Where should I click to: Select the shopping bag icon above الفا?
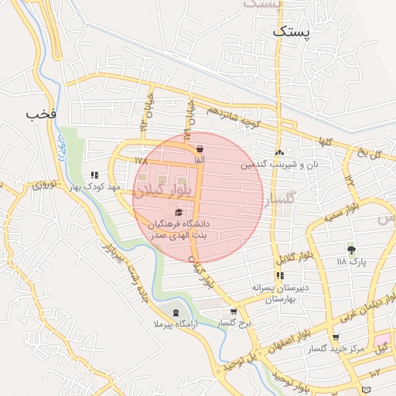pyautogui.click(x=200, y=148)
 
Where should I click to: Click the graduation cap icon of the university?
pyautogui.click(x=179, y=212)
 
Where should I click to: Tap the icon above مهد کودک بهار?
pyautogui.click(x=94, y=176)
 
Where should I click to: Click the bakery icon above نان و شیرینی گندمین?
pyautogui.click(x=278, y=153)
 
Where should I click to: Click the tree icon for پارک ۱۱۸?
pyautogui.click(x=352, y=250)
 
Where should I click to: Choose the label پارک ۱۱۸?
pyautogui.click(x=352, y=262)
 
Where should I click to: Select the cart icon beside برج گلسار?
pyautogui.click(x=233, y=312)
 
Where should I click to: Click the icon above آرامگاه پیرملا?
pyautogui.click(x=176, y=312)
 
